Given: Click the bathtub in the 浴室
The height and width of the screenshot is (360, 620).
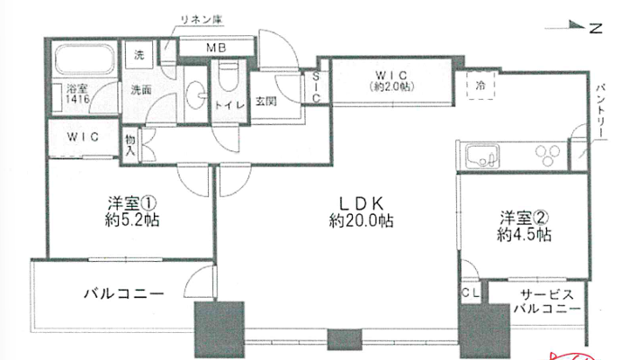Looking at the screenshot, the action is click(85, 59).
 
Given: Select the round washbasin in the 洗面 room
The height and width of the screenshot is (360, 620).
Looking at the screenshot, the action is click(195, 94).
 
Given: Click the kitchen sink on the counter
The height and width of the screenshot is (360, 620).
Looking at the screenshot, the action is click(482, 156).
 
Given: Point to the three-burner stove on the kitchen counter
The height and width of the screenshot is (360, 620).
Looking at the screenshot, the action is click(548, 156).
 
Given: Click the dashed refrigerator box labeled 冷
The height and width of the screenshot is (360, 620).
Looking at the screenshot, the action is click(481, 85).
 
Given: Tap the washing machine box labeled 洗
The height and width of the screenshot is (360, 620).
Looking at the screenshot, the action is click(139, 55).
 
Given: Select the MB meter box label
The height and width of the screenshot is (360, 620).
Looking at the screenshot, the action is click(216, 48).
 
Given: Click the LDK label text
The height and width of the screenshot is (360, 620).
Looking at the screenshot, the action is click(362, 203).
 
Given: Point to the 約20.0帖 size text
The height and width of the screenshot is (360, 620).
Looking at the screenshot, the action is click(361, 220).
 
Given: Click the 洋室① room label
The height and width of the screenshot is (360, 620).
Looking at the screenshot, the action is click(132, 203).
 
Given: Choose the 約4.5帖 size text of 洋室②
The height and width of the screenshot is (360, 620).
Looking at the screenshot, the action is click(524, 235).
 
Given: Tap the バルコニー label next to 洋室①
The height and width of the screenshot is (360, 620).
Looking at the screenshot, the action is click(124, 293).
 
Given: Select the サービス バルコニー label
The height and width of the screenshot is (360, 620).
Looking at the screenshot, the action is click(547, 301).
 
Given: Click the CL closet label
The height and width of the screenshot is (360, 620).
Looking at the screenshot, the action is click(471, 293).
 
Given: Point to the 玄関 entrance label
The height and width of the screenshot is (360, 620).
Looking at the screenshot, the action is click(265, 102).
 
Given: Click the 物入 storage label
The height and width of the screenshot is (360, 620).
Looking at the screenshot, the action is click(130, 145).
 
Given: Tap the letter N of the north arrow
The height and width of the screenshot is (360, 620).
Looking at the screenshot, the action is click(596, 28).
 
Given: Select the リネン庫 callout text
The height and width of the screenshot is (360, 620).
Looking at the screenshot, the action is click(202, 20).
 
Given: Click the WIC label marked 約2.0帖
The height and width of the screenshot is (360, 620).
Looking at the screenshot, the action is click(391, 80).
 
